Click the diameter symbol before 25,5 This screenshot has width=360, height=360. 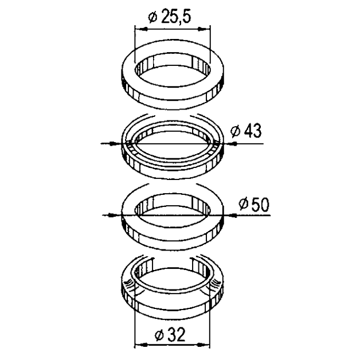pyautogui.click(x=152, y=17)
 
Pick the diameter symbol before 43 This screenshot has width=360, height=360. pyautogui.click(x=234, y=131)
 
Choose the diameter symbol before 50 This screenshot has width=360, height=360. pyautogui.click(x=242, y=204)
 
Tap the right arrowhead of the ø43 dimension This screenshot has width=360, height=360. pyautogui.click(x=228, y=143)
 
